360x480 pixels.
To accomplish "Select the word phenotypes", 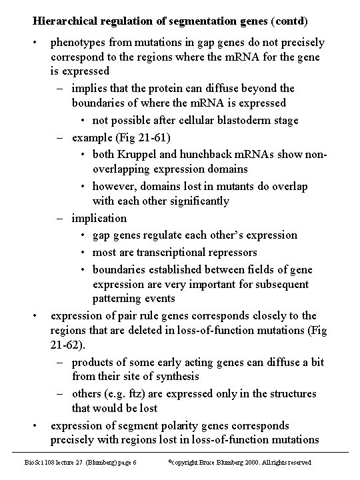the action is pyautogui.click(x=77, y=43).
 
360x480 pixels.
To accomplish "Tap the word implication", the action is pyautogui.click(x=99, y=218).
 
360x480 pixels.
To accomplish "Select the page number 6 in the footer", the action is pyautogui.click(x=135, y=462).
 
